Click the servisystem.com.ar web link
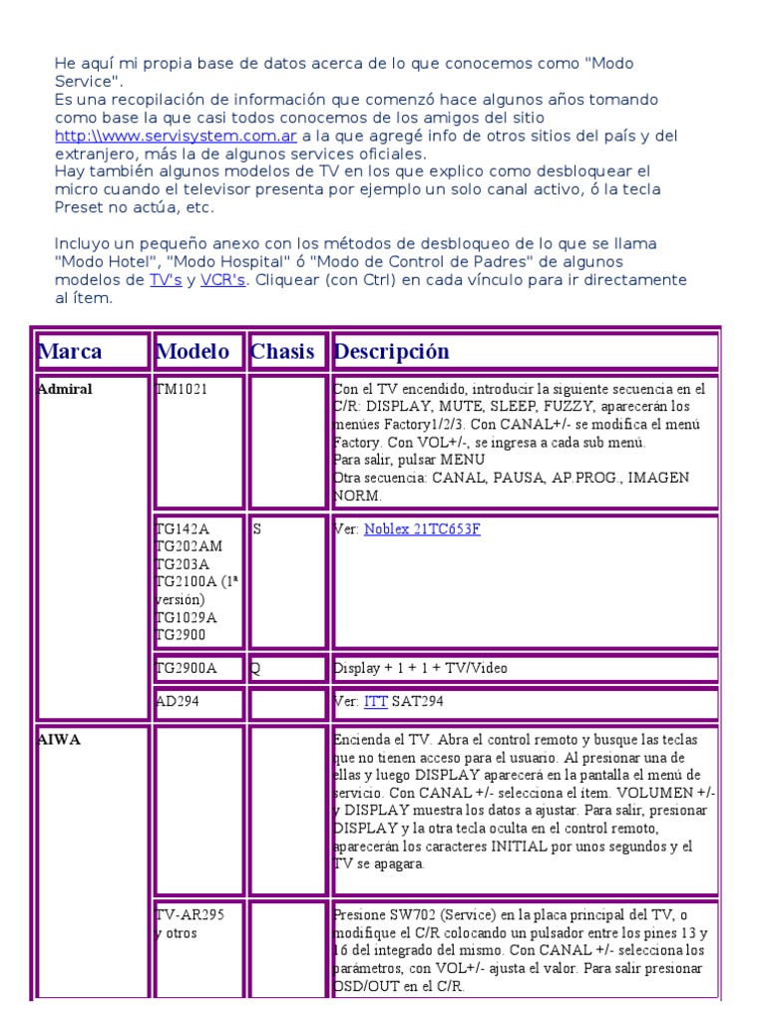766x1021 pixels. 176,136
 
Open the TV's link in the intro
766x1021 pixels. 166,280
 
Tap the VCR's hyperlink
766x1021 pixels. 222,280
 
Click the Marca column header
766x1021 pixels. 70,352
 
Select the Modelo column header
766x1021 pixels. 192,352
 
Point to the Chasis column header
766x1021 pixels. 282,352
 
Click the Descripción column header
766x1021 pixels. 392,352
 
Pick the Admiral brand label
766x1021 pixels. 65,389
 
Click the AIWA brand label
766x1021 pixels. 60,740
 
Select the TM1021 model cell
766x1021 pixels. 182,389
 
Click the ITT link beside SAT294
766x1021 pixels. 375,702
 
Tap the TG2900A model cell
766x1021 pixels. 187,668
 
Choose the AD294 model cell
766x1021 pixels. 178,702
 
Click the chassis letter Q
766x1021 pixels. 256,668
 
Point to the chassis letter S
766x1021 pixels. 256,529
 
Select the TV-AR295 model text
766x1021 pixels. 190,915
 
